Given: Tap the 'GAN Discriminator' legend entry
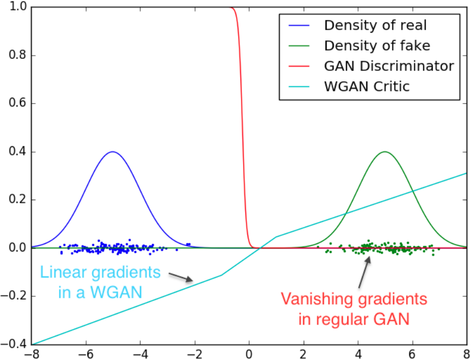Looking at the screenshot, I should (389, 66).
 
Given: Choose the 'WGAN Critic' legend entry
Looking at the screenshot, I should (366, 86).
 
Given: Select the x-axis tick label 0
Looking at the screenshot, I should (249, 353).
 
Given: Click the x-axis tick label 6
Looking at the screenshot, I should (412, 353).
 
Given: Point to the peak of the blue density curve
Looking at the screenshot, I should (113, 152).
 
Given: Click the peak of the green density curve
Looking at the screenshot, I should (385, 152).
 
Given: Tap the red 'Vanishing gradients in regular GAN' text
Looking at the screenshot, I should (354, 309).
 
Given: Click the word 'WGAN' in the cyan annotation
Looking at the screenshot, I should (118, 292).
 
